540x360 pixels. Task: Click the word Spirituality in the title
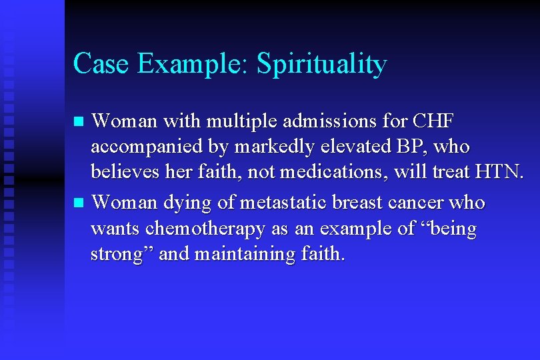(x=321, y=64)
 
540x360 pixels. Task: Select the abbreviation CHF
(x=433, y=121)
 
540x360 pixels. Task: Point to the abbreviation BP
(x=406, y=147)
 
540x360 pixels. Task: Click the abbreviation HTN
(x=499, y=172)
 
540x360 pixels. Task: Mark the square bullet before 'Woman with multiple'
(x=79, y=122)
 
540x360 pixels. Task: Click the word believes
(x=122, y=172)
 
